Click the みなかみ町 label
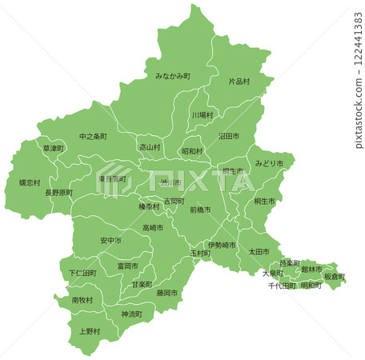[x=172, y=76]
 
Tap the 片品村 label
[x=239, y=82]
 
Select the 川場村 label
[x=203, y=115]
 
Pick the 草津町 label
[x=53, y=149]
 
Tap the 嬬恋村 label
[x=30, y=182]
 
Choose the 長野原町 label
[x=58, y=193]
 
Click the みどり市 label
[x=269, y=163]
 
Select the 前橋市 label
[x=200, y=210]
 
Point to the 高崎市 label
[x=153, y=228]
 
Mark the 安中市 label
[x=111, y=241]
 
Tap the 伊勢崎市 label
[x=221, y=245]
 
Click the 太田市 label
[x=259, y=252]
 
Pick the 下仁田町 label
[x=82, y=273]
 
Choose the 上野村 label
[x=90, y=331]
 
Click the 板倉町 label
[x=335, y=277]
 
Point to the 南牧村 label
[x=82, y=300]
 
